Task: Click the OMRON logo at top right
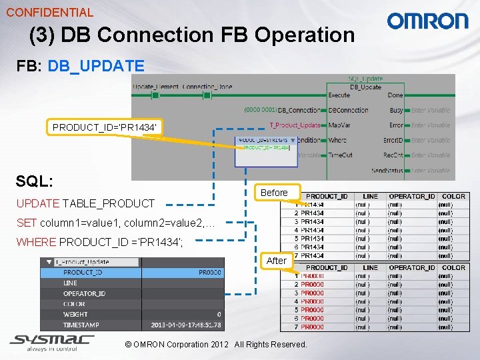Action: click(428, 21)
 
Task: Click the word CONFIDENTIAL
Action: click(49, 12)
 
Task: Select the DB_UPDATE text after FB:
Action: click(96, 65)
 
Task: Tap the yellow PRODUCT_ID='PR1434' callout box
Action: click(104, 127)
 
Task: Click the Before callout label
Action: click(274, 193)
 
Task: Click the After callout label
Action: click(276, 261)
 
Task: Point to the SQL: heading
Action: click(35, 181)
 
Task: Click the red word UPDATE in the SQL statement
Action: click(37, 203)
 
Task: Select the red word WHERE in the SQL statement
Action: click(36, 242)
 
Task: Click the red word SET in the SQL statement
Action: click(27, 223)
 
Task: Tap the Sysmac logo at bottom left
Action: click(52, 342)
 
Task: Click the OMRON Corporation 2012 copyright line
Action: click(216, 345)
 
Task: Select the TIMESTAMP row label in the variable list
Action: click(81, 325)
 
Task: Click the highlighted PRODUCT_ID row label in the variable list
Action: click(83, 272)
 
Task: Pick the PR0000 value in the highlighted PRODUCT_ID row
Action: click(209, 272)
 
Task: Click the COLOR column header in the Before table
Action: click(453, 196)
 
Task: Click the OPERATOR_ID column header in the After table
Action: click(411, 267)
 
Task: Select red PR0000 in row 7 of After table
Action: click(312, 327)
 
